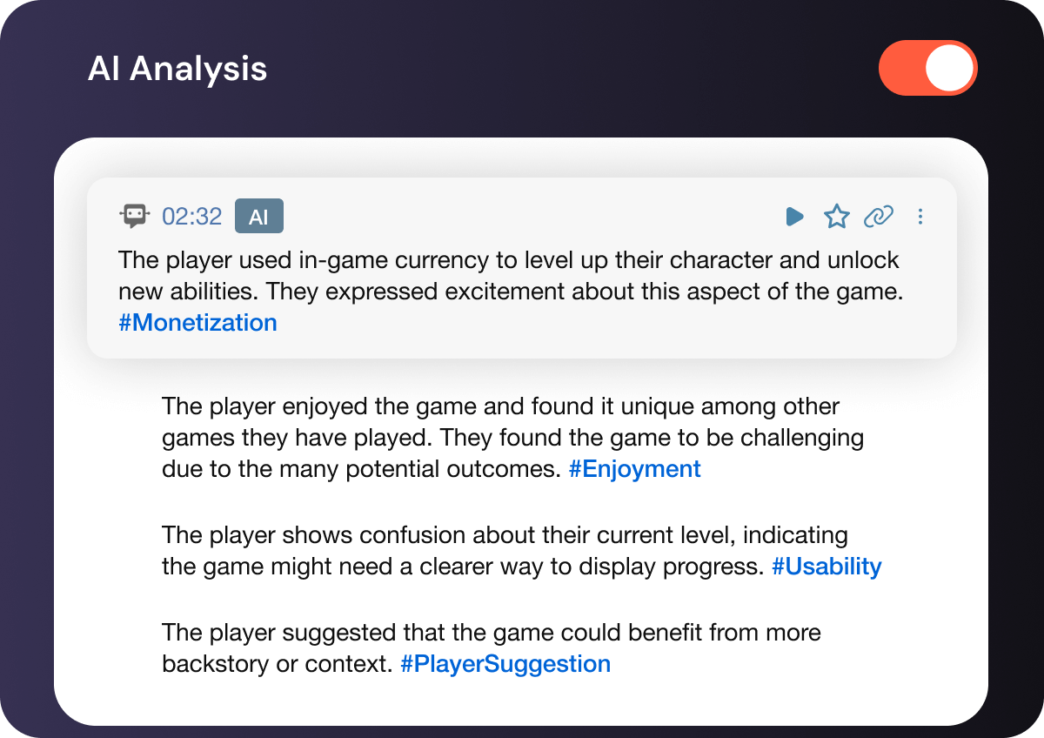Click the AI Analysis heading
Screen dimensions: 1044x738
pyautogui.click(x=177, y=69)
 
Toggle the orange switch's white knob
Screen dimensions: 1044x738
pyautogui.click(x=949, y=68)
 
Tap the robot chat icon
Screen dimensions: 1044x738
pyautogui.click(x=134, y=216)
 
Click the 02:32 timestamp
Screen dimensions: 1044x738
pyautogui.click(x=191, y=217)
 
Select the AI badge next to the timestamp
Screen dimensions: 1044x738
pyautogui.click(x=259, y=216)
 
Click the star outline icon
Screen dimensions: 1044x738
pyautogui.click(x=837, y=217)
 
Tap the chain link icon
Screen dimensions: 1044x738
pyautogui.click(x=878, y=217)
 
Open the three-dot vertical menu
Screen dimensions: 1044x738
pyautogui.click(x=920, y=217)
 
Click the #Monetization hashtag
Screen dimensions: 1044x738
pyautogui.click(x=198, y=323)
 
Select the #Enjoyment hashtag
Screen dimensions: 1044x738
pyautogui.click(x=635, y=468)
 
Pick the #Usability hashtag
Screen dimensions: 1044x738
pyautogui.click(x=826, y=567)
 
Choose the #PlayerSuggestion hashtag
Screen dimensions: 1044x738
pyautogui.click(x=505, y=664)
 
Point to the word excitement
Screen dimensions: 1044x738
pyautogui.click(x=505, y=292)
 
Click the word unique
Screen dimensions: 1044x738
pyautogui.click(x=657, y=406)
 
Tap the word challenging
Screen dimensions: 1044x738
pyautogui.click(x=802, y=438)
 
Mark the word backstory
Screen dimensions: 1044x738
pyautogui.click(x=216, y=664)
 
